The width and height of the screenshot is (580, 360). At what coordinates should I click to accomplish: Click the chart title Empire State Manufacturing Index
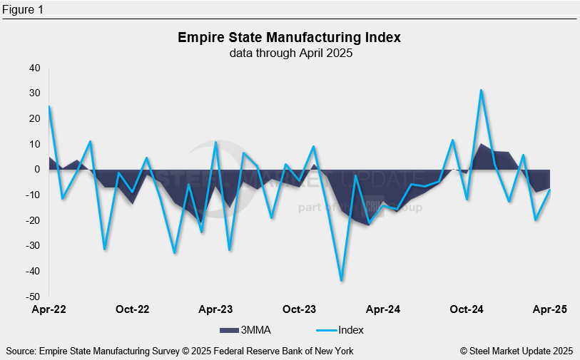coord(290,37)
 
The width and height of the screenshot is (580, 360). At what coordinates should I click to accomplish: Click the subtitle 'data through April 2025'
coord(290,53)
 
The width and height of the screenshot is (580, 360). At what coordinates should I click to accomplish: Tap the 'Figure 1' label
coord(23,9)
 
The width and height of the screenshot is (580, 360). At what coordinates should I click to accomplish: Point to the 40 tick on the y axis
coord(35,68)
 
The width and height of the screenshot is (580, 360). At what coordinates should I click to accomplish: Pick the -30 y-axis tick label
coord(32,246)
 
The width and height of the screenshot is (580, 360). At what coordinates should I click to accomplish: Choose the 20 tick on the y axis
coord(35,119)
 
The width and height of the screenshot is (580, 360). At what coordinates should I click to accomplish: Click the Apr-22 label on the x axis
coord(49,309)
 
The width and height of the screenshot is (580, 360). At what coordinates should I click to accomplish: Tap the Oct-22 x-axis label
coord(132,309)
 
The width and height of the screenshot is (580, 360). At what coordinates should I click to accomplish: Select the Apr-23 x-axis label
coord(216,309)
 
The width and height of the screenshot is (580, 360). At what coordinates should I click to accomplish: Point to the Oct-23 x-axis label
coord(300,309)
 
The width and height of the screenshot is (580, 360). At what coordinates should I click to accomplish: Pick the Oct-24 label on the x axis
coord(467,309)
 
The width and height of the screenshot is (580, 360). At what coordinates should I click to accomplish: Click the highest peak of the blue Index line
coord(482,91)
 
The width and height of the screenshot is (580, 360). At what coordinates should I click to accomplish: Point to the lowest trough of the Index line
coord(342,280)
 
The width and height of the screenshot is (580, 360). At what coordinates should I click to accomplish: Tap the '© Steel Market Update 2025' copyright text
coord(517,351)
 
